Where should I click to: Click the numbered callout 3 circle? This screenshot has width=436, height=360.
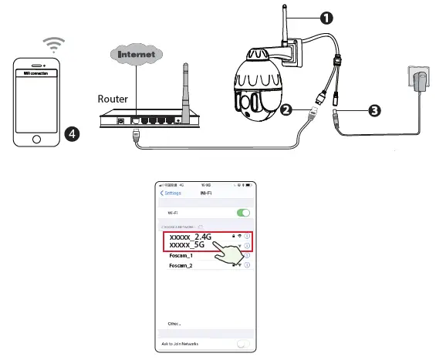[373, 110]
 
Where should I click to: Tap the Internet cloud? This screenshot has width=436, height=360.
[137, 55]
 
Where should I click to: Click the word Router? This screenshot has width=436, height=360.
[112, 99]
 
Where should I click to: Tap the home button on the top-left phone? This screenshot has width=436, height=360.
[35, 140]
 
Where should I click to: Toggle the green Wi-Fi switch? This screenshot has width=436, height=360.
[244, 212]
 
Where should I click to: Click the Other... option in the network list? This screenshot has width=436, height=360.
[174, 324]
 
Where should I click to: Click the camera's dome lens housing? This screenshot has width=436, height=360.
[258, 81]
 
